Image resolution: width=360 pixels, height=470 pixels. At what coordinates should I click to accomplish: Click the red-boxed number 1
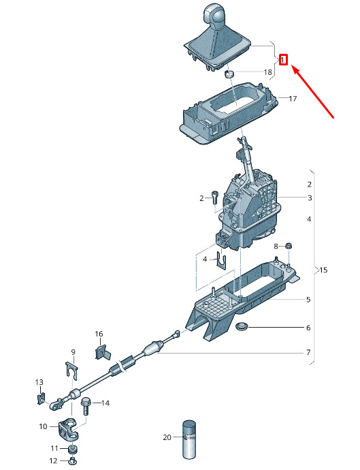283,60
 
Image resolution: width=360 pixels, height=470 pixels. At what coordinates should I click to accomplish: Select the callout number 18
267,72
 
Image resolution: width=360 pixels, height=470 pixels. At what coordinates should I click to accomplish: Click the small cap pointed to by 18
229,73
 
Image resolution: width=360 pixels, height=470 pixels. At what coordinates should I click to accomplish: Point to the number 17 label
293,98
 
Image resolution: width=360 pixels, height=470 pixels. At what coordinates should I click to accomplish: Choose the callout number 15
323,270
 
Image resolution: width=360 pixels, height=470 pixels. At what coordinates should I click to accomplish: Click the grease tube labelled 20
189,439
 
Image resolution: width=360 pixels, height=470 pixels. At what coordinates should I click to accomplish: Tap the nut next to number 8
289,246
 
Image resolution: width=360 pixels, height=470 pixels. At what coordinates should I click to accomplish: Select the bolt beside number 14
85,406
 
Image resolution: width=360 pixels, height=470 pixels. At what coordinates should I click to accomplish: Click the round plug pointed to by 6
241,327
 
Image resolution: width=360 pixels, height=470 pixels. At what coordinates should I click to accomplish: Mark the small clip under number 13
41,398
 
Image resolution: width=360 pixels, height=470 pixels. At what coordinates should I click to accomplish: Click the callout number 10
43,426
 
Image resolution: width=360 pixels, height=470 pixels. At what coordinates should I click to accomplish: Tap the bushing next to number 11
73,449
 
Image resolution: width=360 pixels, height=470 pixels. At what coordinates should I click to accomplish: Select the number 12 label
53,460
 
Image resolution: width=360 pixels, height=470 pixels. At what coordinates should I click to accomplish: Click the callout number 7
308,352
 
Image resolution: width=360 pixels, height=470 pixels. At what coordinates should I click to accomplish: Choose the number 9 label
73,352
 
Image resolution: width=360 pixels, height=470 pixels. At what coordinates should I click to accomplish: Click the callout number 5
308,300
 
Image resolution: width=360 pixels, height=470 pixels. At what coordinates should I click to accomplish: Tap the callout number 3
310,198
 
